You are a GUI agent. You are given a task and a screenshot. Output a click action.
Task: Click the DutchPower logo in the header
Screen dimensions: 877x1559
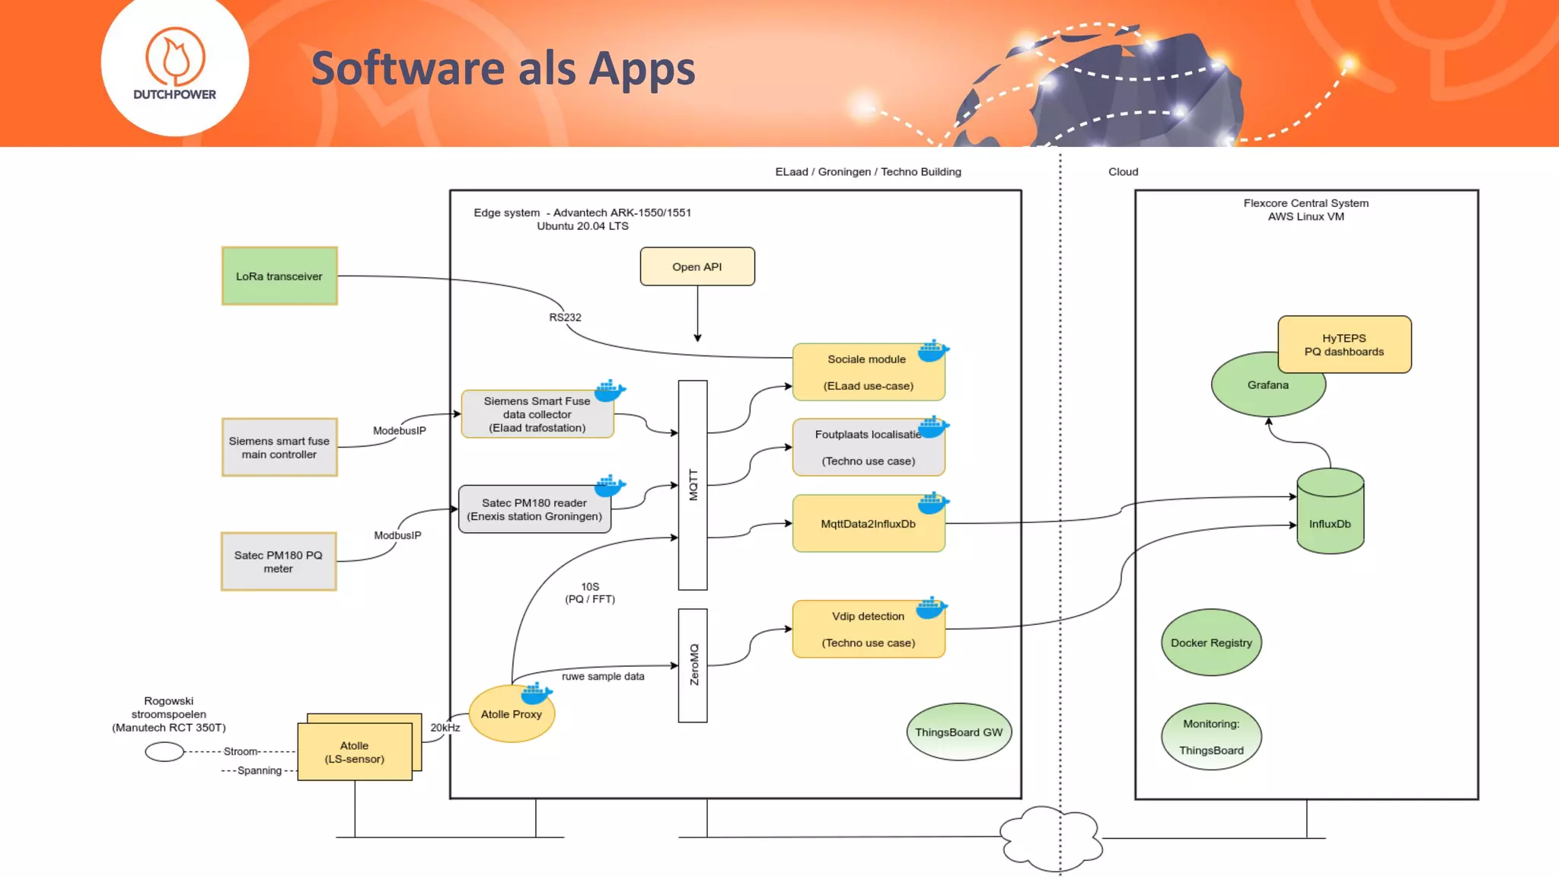pos(175,65)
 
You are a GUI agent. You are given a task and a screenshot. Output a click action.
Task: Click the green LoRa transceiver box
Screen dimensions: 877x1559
pos(279,276)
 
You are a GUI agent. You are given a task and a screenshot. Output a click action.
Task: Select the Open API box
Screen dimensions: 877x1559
pos(697,266)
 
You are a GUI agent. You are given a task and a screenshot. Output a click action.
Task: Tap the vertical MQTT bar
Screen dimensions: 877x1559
pos(693,485)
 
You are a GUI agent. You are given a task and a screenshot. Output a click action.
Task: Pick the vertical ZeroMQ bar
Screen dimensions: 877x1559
pos(693,665)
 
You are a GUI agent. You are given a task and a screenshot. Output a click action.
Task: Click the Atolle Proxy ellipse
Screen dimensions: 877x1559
pos(511,714)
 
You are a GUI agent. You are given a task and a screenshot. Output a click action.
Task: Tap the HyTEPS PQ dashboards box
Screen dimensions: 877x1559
pos(1344,345)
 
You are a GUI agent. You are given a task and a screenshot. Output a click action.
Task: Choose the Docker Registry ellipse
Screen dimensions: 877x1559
pos(1211,643)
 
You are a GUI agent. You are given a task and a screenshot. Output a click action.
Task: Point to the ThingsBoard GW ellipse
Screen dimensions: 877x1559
pos(958,732)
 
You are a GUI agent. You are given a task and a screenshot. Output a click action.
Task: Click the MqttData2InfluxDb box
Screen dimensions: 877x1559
pos(868,524)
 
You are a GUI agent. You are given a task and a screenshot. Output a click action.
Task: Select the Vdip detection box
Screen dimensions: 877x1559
pos(868,629)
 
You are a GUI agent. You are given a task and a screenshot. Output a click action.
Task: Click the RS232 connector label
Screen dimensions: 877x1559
pos(565,317)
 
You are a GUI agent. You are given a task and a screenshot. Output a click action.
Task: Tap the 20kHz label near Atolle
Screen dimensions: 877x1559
pos(445,728)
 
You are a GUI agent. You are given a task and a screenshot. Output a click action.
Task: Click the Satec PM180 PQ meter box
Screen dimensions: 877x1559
pos(279,562)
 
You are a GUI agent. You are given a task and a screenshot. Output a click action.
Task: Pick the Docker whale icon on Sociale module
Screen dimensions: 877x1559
pos(933,351)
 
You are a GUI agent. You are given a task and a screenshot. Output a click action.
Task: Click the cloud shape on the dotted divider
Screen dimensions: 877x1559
pos(1051,838)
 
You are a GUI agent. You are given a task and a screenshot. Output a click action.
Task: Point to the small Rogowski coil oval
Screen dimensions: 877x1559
pos(164,752)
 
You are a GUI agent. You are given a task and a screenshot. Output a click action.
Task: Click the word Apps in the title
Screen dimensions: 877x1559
pos(642,69)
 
